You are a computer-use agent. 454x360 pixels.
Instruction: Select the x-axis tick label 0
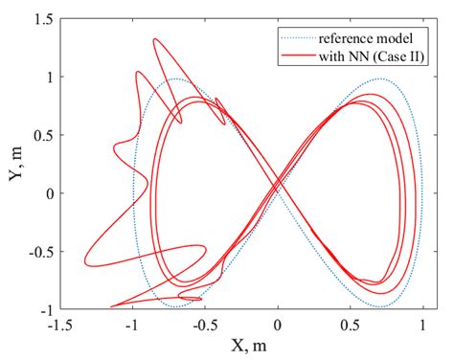click(x=278, y=324)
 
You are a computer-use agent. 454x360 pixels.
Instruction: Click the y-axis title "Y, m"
click(x=14, y=164)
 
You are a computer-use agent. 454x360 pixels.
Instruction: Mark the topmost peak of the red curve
click(x=155, y=39)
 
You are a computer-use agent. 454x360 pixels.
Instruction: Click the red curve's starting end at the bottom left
click(x=111, y=306)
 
